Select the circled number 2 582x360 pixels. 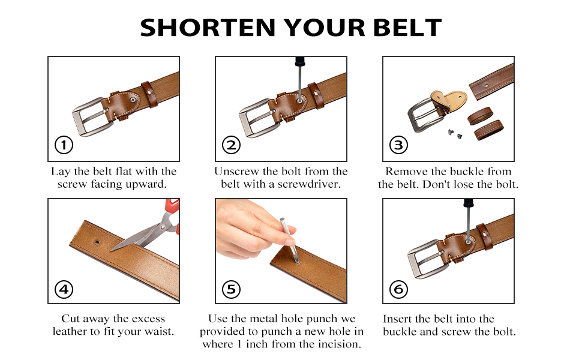pyautogui.click(x=231, y=145)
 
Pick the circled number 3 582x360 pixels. pyautogui.click(x=398, y=145)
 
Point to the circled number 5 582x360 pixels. pyautogui.click(x=231, y=289)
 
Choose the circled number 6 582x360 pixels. pyautogui.click(x=398, y=289)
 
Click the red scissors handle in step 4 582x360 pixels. pyautogui.click(x=172, y=208)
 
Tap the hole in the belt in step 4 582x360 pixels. pyautogui.click(x=97, y=242)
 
